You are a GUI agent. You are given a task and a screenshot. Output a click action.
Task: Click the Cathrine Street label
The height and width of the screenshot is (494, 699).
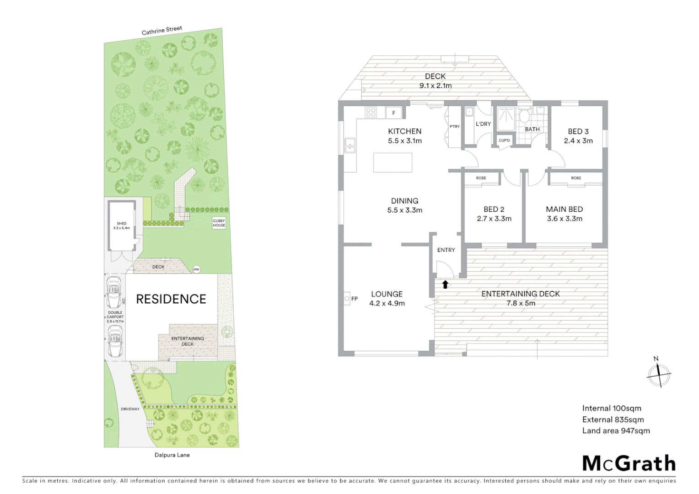click(x=161, y=31)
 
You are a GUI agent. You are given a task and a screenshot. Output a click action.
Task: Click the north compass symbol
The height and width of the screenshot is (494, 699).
click(x=659, y=374)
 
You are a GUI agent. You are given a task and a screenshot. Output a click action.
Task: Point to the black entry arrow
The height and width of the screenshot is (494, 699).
click(x=445, y=285)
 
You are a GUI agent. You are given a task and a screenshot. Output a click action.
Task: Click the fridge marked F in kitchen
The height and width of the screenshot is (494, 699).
click(x=393, y=113)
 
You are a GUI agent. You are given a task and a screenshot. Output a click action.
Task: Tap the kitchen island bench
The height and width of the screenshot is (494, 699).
click(x=393, y=162)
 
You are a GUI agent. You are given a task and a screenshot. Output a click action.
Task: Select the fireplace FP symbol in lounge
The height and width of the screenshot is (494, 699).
click(x=347, y=299)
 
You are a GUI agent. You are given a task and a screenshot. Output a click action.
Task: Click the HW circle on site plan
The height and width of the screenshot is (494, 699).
click(x=197, y=269)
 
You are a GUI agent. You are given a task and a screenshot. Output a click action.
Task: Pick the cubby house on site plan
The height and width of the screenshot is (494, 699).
click(x=219, y=223)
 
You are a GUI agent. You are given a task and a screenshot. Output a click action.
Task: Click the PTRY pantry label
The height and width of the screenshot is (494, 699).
click(x=454, y=127)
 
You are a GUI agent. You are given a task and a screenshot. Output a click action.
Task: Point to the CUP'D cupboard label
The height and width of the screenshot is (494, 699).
click(x=504, y=140)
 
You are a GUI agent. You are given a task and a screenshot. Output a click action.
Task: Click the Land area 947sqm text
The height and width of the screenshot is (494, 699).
click(x=616, y=430)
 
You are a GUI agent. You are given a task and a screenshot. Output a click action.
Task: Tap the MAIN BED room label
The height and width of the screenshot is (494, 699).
click(x=564, y=209)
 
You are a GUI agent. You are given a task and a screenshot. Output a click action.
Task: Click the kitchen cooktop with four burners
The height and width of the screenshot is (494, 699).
click(x=371, y=112)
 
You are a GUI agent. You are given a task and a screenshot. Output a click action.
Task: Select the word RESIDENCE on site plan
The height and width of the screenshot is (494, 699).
click(x=171, y=299)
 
